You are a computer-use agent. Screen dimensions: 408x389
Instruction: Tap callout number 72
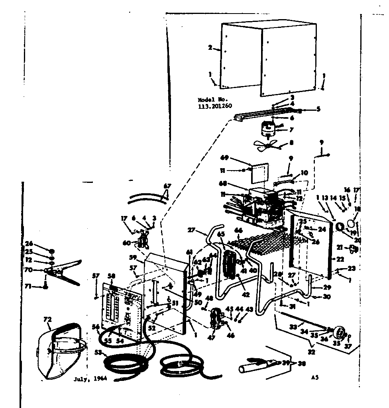pyautogui.click(x=47, y=320)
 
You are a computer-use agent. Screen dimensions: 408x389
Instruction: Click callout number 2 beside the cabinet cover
pyautogui.click(x=210, y=48)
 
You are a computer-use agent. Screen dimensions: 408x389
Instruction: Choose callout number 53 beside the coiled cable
pyautogui.click(x=97, y=352)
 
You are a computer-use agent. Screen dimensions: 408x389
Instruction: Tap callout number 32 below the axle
pyautogui.click(x=311, y=352)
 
